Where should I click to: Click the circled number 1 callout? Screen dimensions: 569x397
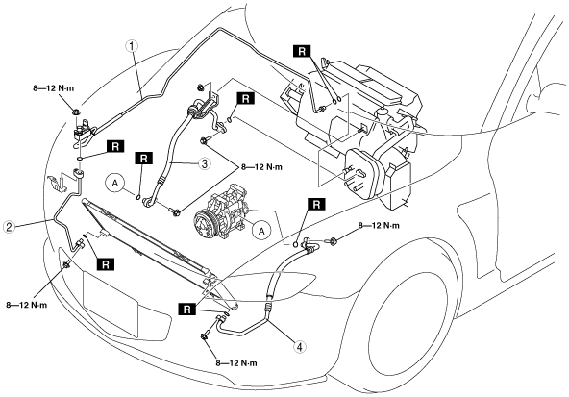132,47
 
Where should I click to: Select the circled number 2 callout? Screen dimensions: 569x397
9,227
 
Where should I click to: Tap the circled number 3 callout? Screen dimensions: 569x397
205,163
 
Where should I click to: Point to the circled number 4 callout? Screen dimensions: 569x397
299,347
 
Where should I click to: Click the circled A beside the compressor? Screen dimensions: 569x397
261,230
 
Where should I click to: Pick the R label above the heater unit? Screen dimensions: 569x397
302,52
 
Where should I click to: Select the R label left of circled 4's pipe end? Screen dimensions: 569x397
187,310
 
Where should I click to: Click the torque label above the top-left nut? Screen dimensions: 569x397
54,88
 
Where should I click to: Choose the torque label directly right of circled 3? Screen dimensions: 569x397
261,167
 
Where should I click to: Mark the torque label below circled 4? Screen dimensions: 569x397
236,363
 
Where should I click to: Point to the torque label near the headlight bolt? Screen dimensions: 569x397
379,225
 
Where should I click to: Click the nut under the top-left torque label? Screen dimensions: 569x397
76,112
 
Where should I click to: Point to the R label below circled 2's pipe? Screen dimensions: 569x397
106,264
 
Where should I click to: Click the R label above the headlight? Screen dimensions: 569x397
316,205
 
